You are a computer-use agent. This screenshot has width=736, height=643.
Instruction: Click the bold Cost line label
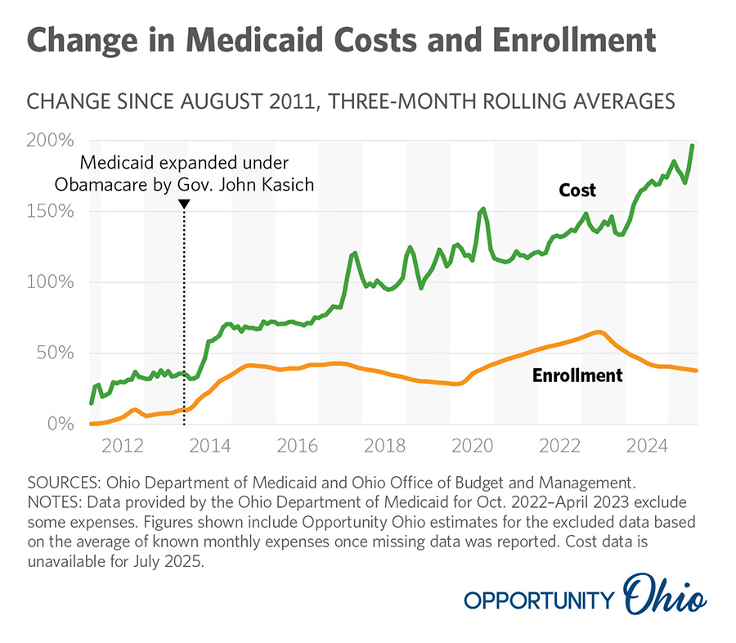pyautogui.click(x=577, y=191)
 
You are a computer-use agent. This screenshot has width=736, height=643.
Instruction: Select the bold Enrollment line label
pyautogui.click(x=577, y=376)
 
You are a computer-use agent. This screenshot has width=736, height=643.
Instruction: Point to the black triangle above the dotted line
pyautogui.click(x=184, y=204)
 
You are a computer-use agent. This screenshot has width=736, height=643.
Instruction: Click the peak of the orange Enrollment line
pyautogui.click(x=599, y=331)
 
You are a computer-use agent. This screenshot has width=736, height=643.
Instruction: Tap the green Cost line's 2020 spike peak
pyautogui.click(x=483, y=209)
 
